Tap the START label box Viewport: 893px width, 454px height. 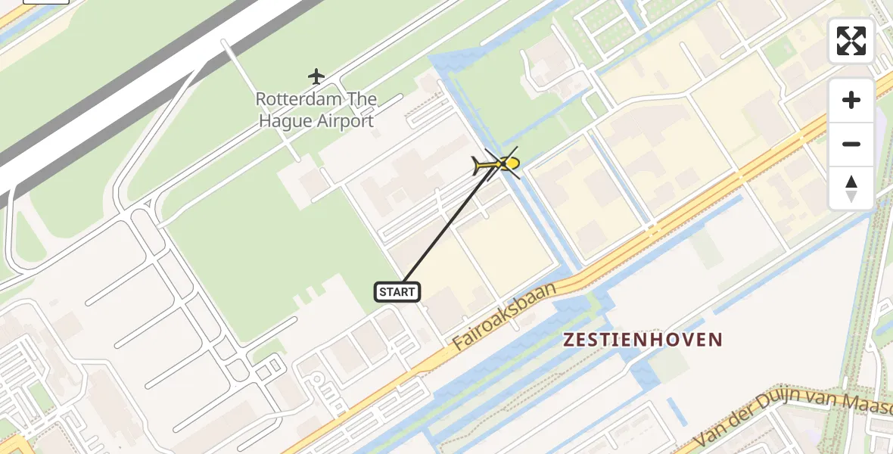(x=397, y=292)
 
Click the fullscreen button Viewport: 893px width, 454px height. (x=851, y=41)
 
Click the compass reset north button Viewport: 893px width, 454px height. (x=851, y=188)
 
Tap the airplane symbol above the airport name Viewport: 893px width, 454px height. (x=316, y=76)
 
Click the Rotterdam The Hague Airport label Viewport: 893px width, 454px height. (x=316, y=110)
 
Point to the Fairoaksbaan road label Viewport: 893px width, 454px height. (x=505, y=316)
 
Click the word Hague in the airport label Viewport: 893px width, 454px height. (x=288, y=121)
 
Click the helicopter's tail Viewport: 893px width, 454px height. (x=478, y=163)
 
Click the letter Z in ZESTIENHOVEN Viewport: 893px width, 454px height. (x=568, y=340)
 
